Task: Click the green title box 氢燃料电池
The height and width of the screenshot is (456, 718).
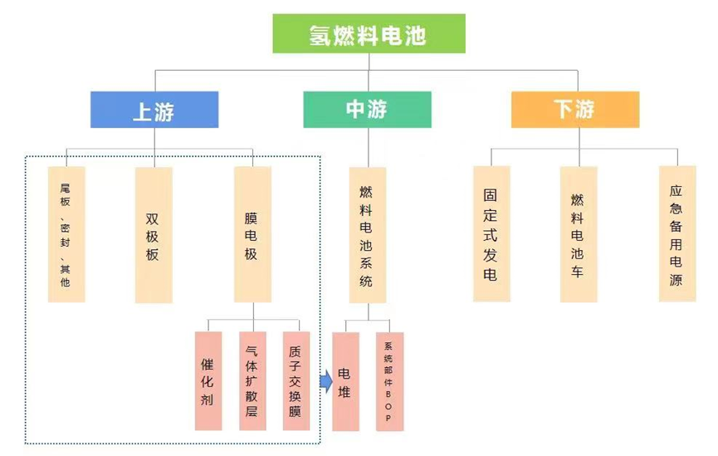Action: (x=369, y=34)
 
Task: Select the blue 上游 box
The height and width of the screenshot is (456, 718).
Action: (x=154, y=110)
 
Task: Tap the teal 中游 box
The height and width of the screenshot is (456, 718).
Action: (x=367, y=110)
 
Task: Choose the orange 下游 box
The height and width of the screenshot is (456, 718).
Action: (x=574, y=110)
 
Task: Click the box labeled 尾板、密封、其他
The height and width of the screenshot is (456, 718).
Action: (x=66, y=234)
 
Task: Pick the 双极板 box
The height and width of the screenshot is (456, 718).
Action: (x=154, y=234)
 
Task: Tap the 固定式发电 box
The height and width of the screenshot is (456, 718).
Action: (x=491, y=233)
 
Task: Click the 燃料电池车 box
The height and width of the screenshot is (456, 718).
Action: (x=578, y=233)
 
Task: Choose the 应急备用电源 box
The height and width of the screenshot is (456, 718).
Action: (x=677, y=233)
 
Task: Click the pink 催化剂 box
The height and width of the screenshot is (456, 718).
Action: (x=208, y=381)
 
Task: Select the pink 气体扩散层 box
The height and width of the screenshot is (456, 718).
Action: (x=252, y=381)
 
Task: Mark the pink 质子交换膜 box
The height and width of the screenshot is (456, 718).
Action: (x=296, y=381)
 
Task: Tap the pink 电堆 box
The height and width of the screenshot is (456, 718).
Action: (x=345, y=381)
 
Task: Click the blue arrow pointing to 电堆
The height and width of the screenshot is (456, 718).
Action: (x=325, y=381)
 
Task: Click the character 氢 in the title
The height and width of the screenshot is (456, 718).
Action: (x=319, y=35)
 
